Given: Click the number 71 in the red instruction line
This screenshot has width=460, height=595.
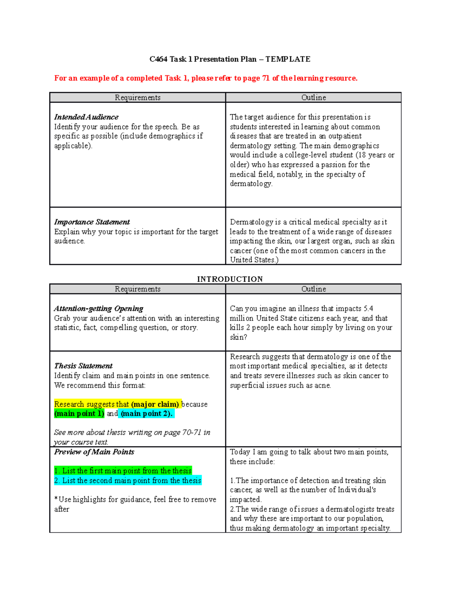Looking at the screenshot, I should [266, 78].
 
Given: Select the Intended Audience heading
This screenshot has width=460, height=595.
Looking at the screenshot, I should [86, 117].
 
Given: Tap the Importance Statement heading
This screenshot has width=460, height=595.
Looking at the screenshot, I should [92, 222].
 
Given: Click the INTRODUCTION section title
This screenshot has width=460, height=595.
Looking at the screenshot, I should [230, 279].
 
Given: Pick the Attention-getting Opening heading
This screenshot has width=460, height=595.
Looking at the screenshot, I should [99, 308].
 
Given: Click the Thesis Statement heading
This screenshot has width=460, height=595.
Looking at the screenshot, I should [83, 366].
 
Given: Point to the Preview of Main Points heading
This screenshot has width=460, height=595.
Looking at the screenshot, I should [94, 452].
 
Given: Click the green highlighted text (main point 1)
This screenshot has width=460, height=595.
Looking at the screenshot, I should [79, 413].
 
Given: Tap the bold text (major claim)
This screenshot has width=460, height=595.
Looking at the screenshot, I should [155, 404].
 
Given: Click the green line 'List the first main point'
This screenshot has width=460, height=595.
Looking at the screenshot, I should [123, 470].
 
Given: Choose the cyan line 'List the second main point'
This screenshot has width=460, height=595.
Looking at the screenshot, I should [128, 480].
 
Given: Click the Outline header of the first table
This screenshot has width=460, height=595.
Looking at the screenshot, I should [313, 97].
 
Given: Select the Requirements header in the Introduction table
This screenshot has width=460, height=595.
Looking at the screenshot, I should [137, 289].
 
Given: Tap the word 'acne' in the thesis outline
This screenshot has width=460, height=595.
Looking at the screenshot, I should [322, 385].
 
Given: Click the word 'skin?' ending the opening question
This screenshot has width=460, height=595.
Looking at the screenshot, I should [238, 337].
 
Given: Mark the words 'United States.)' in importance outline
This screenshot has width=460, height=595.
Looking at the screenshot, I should [254, 260].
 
